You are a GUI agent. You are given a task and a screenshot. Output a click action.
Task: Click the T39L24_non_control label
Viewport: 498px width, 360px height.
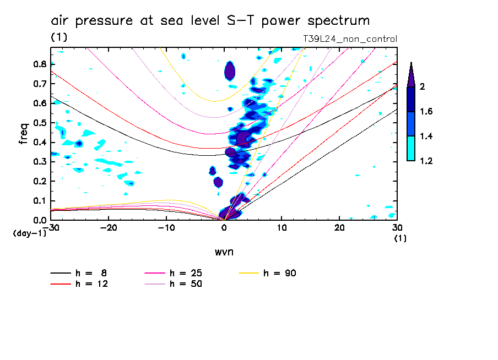pos(350,39)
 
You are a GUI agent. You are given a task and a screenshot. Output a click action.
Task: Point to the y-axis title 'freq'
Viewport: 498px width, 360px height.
pos(24,134)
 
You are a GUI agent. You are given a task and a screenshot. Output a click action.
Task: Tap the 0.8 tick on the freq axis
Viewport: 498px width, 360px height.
pos(39,64)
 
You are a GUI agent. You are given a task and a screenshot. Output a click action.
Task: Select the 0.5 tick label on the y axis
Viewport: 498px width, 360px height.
pos(39,122)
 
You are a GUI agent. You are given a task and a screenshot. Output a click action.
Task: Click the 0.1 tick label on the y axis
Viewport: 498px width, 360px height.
pos(39,200)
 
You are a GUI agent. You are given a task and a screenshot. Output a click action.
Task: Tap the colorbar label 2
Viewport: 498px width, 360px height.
pos(423,87)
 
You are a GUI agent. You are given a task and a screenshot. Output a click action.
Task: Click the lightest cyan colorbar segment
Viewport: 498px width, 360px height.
pos(410,149)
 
